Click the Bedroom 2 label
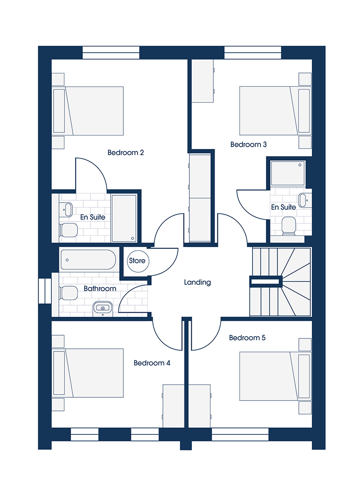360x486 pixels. pyautogui.click(x=126, y=153)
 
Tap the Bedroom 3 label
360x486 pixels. pyautogui.click(x=248, y=144)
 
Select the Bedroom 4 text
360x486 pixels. pyautogui.click(x=152, y=363)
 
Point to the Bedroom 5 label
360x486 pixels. pyautogui.click(x=247, y=338)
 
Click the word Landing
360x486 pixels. pyautogui.click(x=198, y=282)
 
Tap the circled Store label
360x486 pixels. pyautogui.click(x=137, y=261)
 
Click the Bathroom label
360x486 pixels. pyautogui.click(x=100, y=288)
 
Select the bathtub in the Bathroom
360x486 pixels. pyautogui.click(x=88, y=260)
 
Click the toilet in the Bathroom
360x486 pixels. pyautogui.click(x=68, y=293)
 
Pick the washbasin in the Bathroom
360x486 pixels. pyautogui.click(x=103, y=308)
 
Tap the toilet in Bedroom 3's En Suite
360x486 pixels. pyautogui.click(x=289, y=226)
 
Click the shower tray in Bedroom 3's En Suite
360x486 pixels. pyautogui.click(x=288, y=173)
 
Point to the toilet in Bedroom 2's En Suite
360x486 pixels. pyautogui.click(x=68, y=230)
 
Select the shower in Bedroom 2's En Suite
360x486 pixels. pyautogui.click(x=124, y=218)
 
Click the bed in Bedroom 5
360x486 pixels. pyautogui.click(x=275, y=376)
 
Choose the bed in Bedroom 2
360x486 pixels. pyautogui.click(x=88, y=111)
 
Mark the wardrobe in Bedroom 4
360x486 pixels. pyautogui.click(x=187, y=406)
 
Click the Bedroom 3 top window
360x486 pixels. pyautogui.click(x=253, y=53)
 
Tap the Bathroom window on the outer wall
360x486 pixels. pyautogui.click(x=45, y=291)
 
